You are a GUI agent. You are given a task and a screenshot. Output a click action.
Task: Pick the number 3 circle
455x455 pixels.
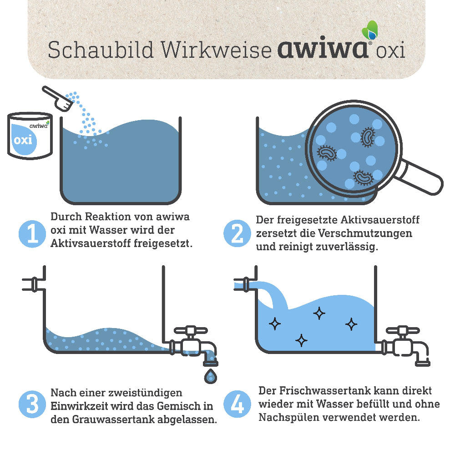point(32,404)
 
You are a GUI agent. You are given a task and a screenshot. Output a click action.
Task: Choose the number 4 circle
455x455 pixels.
point(237,404)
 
